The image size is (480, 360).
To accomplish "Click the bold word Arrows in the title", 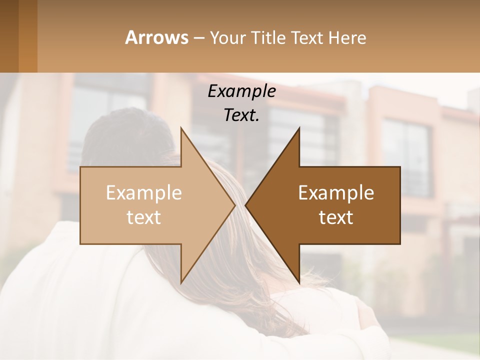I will click(156, 37).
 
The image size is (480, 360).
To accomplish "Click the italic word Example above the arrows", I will click(241, 91).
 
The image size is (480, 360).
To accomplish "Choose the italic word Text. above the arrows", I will click(241, 115).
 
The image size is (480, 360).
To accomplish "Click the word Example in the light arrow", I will click(144, 193).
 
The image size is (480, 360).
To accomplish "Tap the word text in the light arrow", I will click(144, 217).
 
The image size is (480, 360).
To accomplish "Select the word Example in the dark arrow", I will click(336, 193).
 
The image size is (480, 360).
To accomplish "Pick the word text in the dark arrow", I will click(336, 217).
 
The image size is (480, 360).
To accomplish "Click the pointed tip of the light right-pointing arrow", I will click(234, 205).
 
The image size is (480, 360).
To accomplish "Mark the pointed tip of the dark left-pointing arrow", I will click(246, 205).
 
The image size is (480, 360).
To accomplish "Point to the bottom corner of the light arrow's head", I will click(181, 282).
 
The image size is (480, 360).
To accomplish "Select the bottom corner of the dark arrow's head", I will click(299, 282).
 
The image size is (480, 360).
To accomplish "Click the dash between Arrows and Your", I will click(198, 38).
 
